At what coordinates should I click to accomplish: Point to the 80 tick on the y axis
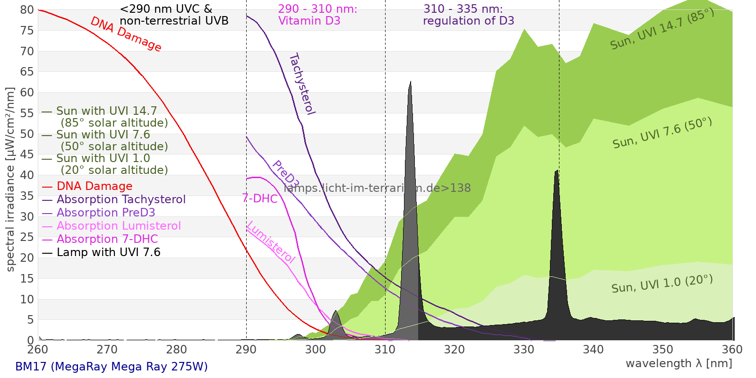[x=27, y=10]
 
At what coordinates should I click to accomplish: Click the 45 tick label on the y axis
[x=27, y=155]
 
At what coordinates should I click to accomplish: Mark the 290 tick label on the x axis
[x=246, y=350]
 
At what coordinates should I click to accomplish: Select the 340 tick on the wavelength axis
[x=593, y=350]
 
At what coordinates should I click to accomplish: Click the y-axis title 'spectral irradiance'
[x=10, y=180]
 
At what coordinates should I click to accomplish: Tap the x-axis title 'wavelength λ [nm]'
[x=679, y=363]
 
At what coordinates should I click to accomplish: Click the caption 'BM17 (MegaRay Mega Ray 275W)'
[x=112, y=367]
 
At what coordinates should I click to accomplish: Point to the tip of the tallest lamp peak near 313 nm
[x=410, y=82]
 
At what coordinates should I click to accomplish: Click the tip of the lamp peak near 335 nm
[x=558, y=171]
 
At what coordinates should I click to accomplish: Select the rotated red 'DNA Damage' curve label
[x=126, y=34]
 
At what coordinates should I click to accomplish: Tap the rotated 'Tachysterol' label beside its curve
[x=301, y=84]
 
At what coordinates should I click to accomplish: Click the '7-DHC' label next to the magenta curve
[x=260, y=198]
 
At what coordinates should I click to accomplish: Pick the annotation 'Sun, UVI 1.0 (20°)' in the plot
[x=662, y=284]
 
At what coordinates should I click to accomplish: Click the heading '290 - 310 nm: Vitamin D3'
[x=318, y=15]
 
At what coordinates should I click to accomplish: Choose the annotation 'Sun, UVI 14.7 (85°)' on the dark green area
[x=662, y=29]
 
